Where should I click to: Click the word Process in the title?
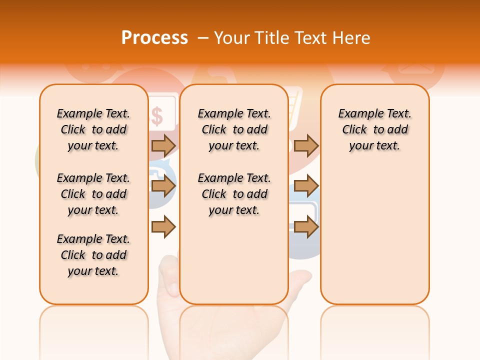(154, 38)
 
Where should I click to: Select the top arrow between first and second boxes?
(163, 145)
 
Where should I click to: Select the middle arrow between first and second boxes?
(163, 186)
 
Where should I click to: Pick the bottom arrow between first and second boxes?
(163, 227)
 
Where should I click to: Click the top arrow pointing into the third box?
(306, 145)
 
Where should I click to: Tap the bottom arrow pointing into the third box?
(306, 227)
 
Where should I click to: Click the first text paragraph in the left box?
(93, 129)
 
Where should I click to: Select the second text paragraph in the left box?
(93, 194)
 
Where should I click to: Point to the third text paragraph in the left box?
(93, 255)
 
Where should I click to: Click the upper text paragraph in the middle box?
(234, 129)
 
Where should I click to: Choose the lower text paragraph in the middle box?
(234, 194)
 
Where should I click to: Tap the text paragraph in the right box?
(375, 129)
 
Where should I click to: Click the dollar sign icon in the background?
(157, 116)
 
